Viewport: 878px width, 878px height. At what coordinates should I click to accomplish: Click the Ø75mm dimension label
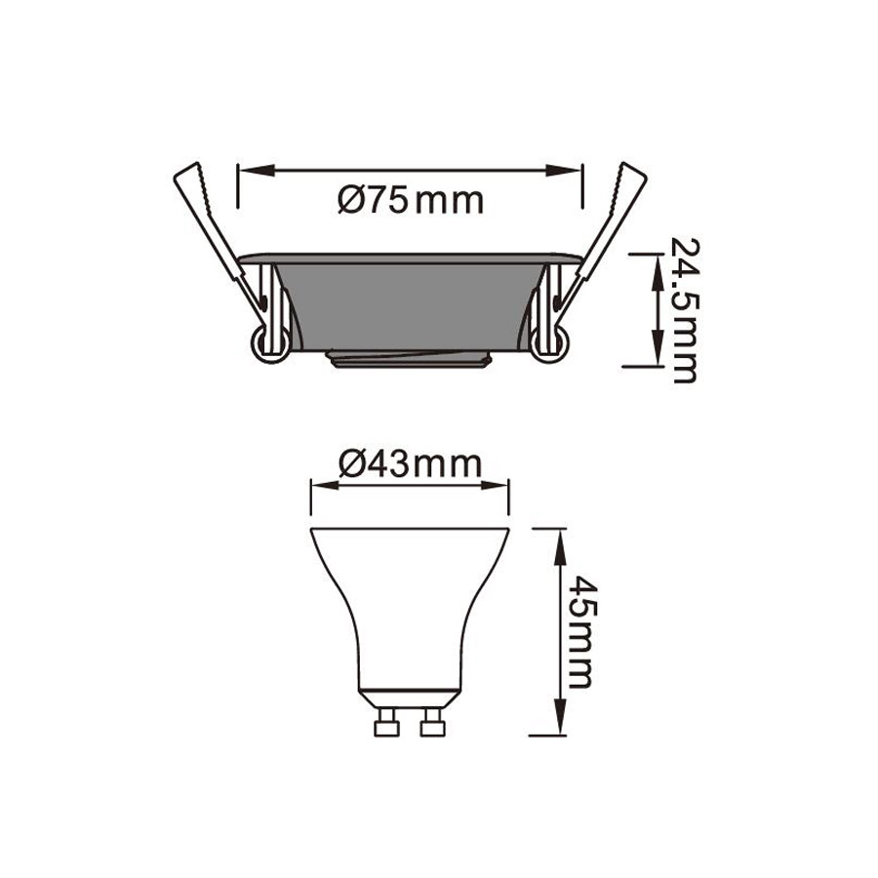[411, 200]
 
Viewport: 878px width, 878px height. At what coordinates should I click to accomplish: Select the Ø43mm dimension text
[411, 464]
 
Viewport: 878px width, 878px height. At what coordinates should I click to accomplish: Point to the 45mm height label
[583, 632]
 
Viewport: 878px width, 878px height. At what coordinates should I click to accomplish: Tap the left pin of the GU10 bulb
[386, 722]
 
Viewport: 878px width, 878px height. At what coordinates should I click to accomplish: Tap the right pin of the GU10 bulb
[433, 722]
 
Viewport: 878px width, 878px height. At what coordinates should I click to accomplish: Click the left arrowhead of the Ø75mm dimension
[256, 170]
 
